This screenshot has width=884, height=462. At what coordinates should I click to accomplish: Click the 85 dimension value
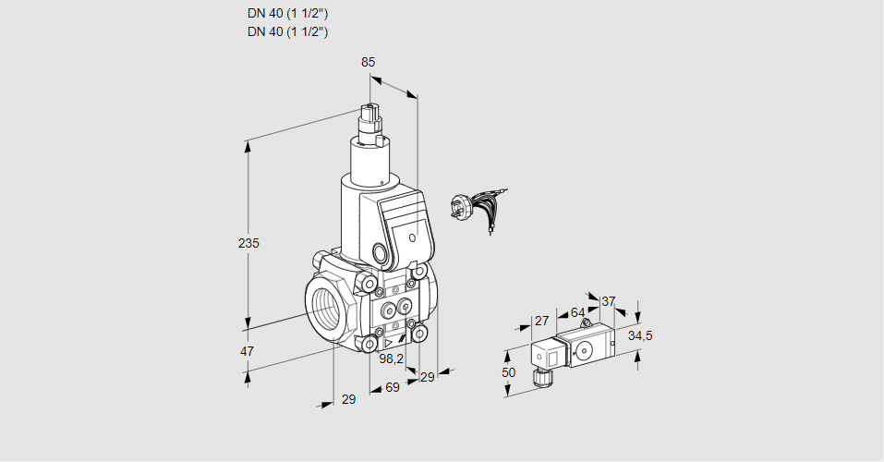point(369,63)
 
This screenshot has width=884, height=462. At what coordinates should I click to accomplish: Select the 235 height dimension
point(248,243)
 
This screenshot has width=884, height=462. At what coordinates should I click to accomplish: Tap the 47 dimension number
point(248,351)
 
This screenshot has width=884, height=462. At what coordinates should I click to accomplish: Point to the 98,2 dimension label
point(392,359)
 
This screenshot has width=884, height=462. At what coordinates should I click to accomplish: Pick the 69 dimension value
point(392,388)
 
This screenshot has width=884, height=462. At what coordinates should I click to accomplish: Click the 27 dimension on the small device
point(542,322)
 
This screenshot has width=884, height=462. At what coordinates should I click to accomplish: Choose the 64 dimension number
point(577,313)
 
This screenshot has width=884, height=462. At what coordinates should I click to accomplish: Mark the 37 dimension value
point(608,301)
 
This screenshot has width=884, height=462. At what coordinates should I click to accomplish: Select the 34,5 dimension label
point(640,335)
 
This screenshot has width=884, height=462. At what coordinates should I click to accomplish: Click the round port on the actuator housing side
point(381,252)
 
